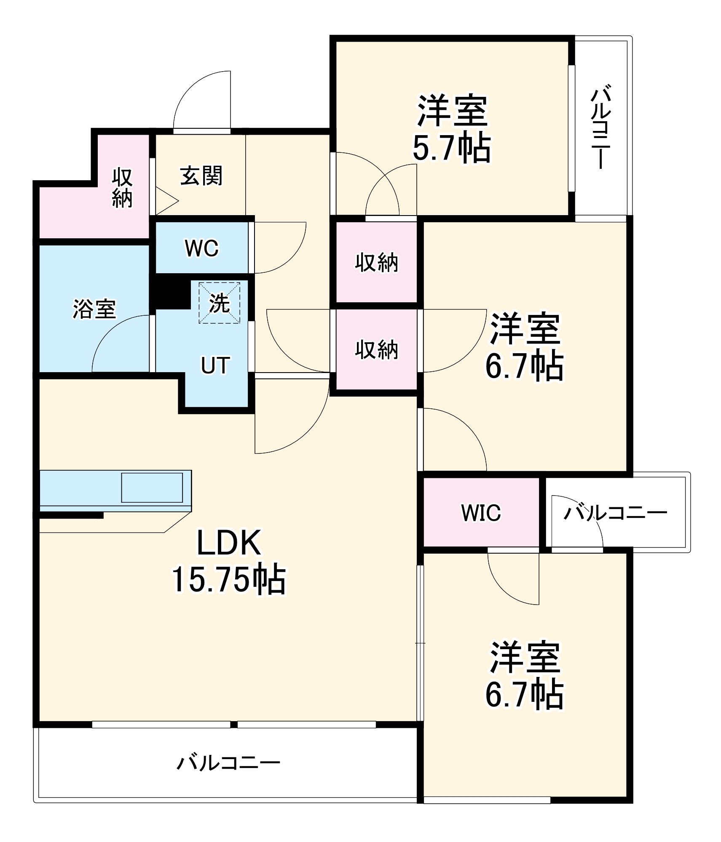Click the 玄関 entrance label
201,176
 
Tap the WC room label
201,248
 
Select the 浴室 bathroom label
94,309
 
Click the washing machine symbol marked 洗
220,303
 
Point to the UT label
215,365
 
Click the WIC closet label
481,513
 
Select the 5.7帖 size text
452,148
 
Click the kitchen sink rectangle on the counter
152,488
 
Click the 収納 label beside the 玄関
122,188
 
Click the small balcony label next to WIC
615,513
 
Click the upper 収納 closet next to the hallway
376,262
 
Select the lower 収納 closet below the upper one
376,349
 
